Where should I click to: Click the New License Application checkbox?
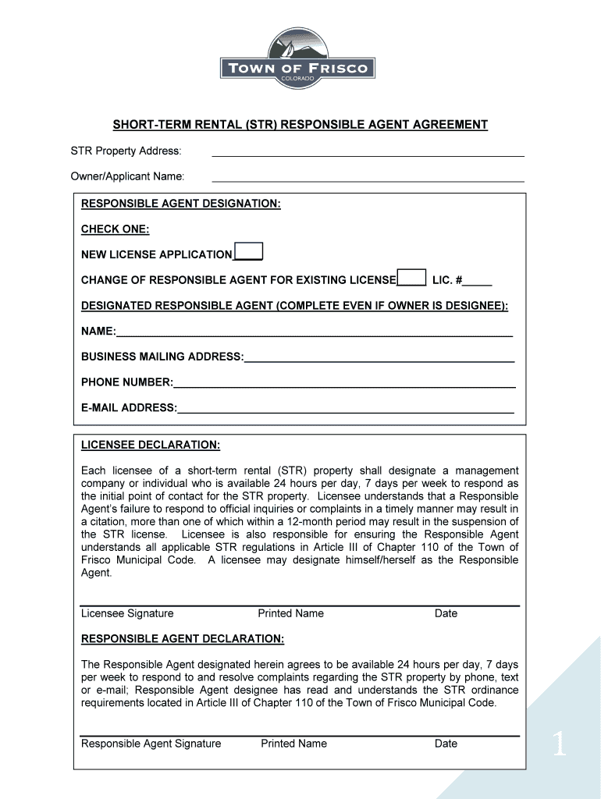[249, 251]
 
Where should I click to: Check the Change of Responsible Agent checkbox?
[411, 278]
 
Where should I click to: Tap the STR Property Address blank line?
[368, 153]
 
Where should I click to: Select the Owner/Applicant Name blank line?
[368, 179]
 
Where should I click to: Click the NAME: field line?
[314, 333]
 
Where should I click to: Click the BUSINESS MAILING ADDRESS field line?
[379, 359]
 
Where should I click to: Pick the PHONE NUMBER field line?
[344, 384]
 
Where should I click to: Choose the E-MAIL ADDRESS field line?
[346, 410]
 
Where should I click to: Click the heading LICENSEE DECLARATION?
[151, 446]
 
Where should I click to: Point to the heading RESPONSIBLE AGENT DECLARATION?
[183, 639]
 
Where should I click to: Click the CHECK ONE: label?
[115, 229]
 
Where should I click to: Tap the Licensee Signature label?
[127, 613]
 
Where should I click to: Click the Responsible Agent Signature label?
[151, 744]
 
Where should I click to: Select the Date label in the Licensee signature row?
[446, 613]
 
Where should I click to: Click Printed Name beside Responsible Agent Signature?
[293, 744]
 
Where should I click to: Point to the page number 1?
[559, 746]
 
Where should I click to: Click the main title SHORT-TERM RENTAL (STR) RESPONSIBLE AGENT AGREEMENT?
[300, 125]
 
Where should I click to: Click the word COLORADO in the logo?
[299, 80]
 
